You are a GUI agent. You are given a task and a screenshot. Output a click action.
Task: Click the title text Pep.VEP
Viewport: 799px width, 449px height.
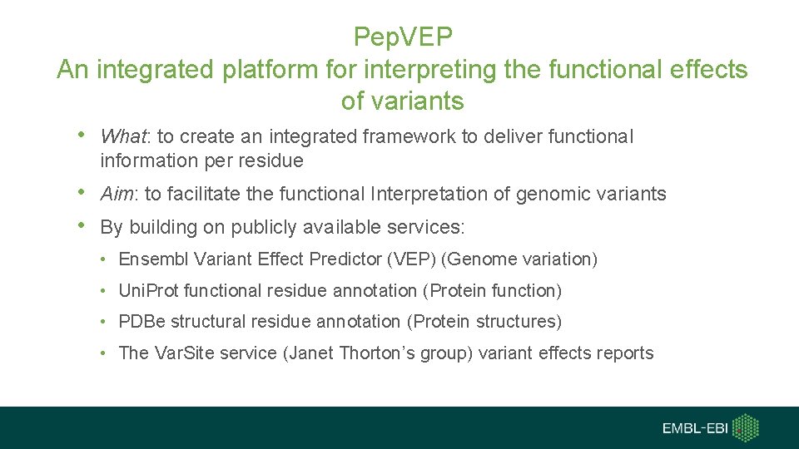point(402,37)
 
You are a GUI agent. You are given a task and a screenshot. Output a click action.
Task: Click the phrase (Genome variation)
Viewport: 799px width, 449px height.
point(520,259)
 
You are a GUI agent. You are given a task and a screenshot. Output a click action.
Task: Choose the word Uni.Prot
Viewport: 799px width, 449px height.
point(149,291)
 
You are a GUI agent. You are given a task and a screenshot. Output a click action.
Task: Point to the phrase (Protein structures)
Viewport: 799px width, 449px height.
point(492,322)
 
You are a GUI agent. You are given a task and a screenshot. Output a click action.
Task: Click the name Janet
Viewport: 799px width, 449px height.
point(311,353)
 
